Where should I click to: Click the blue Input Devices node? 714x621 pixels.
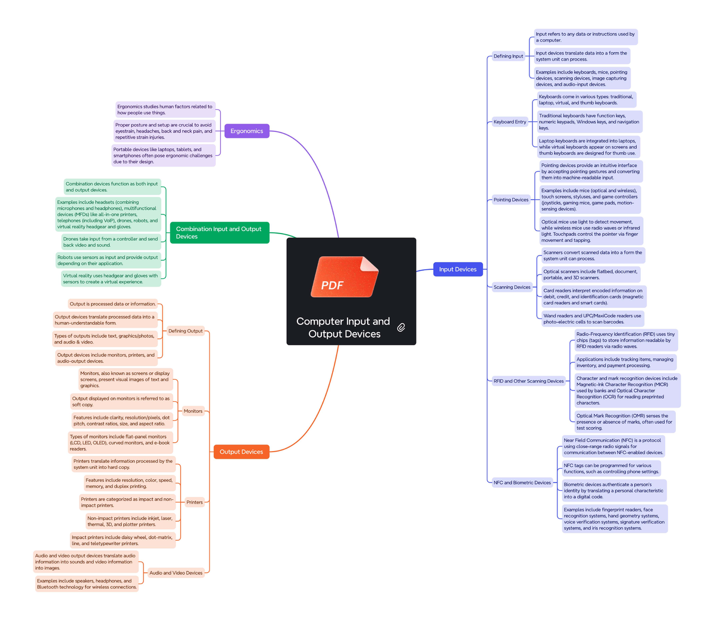(x=458, y=269)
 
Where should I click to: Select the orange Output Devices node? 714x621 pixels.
(x=241, y=452)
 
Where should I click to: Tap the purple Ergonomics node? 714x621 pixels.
(x=246, y=131)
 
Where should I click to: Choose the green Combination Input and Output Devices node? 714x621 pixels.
(x=219, y=232)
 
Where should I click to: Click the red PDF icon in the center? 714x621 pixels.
(x=345, y=277)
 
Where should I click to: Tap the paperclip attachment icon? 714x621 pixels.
(x=401, y=327)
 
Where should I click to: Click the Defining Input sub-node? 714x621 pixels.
(x=508, y=56)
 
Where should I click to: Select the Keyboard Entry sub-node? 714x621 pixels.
(x=510, y=122)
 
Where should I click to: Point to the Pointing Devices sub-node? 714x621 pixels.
(x=511, y=200)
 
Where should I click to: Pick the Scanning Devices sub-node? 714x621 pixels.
(x=512, y=287)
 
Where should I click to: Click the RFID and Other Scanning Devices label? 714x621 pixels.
(x=528, y=381)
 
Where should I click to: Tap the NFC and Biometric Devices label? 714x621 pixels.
(x=522, y=483)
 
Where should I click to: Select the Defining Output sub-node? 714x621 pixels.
(x=185, y=331)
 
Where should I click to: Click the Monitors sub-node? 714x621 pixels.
(x=193, y=411)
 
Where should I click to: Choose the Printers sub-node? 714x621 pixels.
(x=195, y=502)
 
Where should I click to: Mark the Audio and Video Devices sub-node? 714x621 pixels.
(x=176, y=573)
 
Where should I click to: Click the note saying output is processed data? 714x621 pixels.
(x=112, y=304)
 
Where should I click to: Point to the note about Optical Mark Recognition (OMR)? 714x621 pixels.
(x=624, y=422)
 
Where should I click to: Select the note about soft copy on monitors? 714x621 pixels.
(x=121, y=402)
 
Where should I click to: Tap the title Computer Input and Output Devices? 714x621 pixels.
(x=343, y=327)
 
